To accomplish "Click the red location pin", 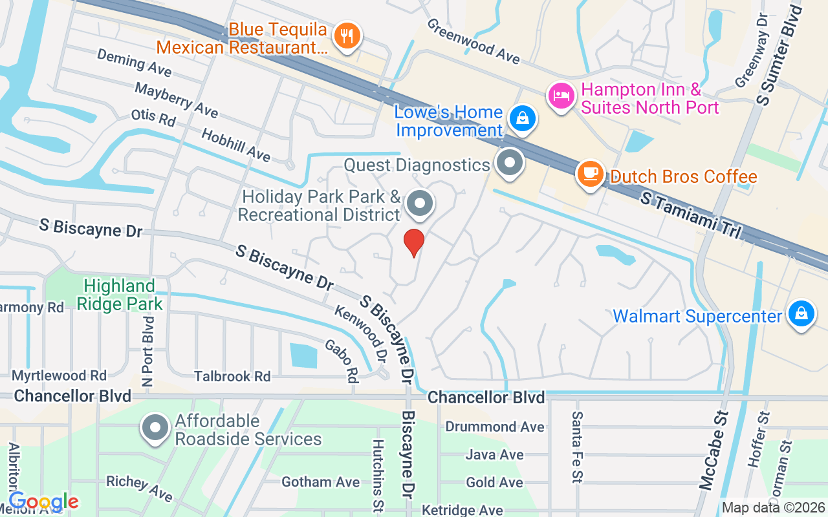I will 414,242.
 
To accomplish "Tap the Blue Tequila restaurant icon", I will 347,35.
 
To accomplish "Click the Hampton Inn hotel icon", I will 561,96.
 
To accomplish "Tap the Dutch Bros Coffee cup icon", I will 590,173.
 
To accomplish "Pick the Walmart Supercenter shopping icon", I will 801,314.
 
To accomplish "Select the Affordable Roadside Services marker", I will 155,428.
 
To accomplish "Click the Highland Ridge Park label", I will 120,294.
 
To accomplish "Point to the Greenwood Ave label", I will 473,41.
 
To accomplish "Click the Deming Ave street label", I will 134,61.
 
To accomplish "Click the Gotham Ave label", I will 320,482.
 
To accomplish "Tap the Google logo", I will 44,501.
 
